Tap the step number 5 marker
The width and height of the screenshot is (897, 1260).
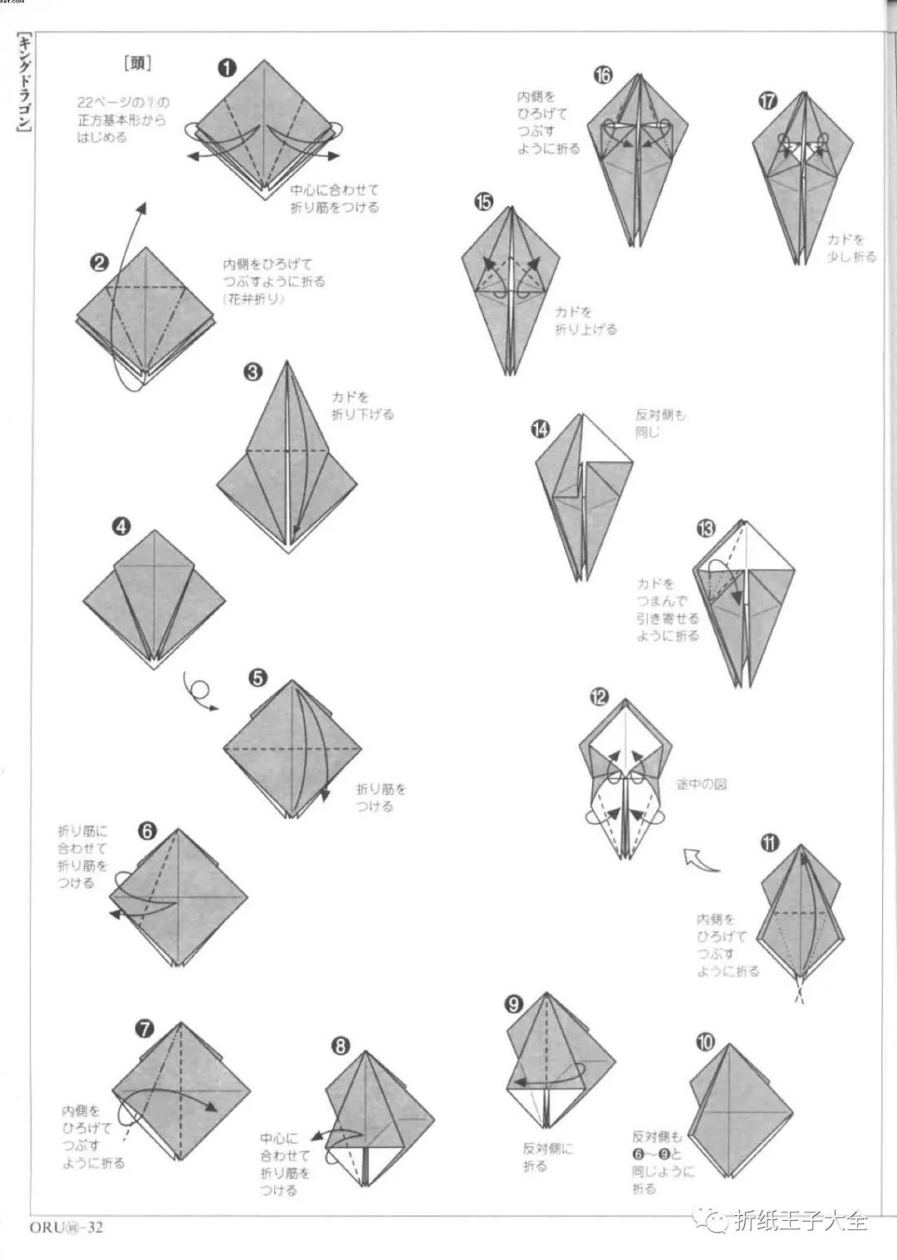[257, 679]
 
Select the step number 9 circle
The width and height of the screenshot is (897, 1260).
[513, 1004]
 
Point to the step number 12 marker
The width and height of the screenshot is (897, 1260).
[598, 697]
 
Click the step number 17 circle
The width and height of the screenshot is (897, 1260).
[767, 101]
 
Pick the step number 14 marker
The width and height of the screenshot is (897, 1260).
[541, 429]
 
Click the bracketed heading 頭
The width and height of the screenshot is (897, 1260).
[137, 63]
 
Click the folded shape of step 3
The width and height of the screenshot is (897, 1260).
[287, 465]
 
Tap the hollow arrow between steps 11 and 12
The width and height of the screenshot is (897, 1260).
[700, 860]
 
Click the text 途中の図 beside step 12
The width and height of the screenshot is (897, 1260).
[701, 783]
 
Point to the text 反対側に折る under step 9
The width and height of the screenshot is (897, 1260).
[547, 1157]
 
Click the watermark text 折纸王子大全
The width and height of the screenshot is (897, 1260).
[801, 1220]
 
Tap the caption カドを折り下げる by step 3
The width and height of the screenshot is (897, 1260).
[362, 405]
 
